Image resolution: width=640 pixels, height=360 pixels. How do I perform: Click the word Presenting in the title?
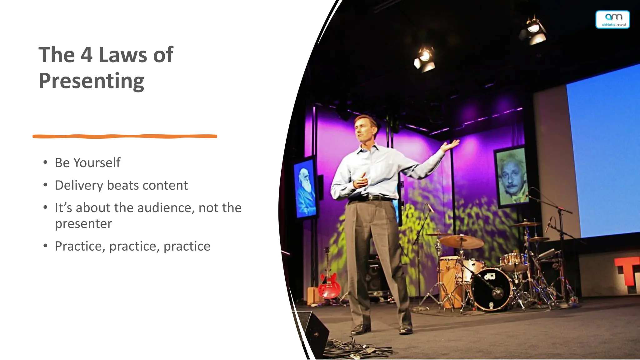[x=91, y=81]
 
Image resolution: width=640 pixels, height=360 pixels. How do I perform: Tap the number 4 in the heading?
[x=87, y=55]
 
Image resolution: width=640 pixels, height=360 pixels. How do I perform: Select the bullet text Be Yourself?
[x=87, y=163]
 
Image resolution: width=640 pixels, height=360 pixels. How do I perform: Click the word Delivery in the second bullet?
[x=79, y=185]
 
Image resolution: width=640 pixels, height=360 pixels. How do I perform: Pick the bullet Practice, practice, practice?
[x=132, y=246]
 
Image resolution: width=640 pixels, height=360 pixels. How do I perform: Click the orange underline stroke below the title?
[x=125, y=136]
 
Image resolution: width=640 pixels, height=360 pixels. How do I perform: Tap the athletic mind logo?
[x=612, y=19]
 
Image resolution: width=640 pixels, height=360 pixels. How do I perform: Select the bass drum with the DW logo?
[x=491, y=289]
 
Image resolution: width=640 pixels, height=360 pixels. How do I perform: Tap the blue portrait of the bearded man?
[x=304, y=189]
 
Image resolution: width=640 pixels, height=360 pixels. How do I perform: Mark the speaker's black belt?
[x=372, y=198]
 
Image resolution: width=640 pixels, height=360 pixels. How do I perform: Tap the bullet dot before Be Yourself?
[x=46, y=162]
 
